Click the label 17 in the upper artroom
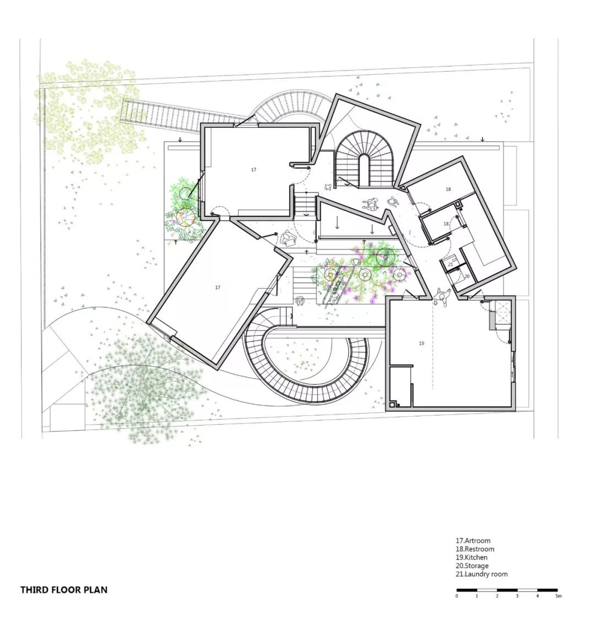tap(253, 170)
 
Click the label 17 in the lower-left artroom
tap(217, 287)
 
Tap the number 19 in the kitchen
tap(421, 344)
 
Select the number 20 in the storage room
tap(467, 276)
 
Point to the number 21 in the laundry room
tap(451, 264)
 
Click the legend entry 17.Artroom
tap(473, 540)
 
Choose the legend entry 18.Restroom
tap(475, 549)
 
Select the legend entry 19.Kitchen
tap(471, 557)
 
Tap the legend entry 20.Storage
tap(472, 566)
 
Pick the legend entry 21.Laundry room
tap(482, 574)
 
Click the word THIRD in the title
tap(34, 590)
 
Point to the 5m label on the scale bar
tap(559, 596)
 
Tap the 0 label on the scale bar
tap(457, 596)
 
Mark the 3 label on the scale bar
tap(517, 596)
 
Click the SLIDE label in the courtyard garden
tap(336, 284)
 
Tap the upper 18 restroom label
tap(448, 189)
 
